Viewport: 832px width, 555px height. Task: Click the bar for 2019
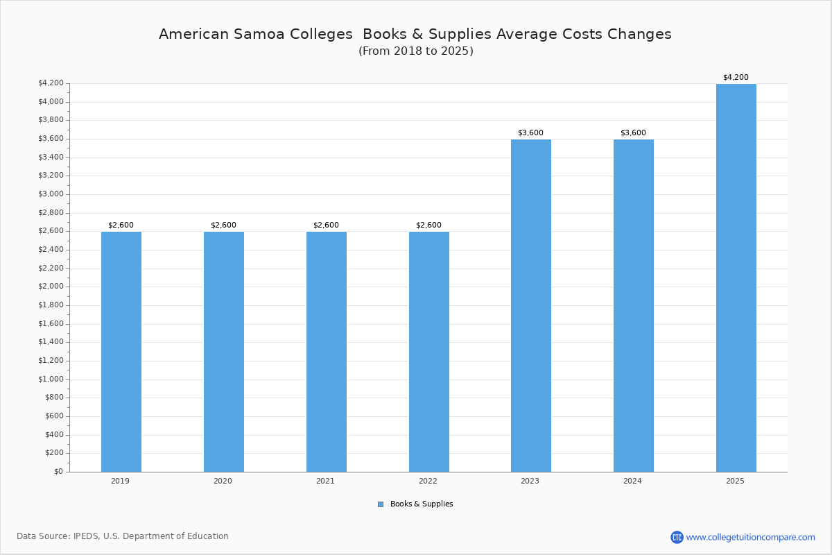[121, 352]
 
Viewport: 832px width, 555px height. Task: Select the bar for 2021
[327, 352]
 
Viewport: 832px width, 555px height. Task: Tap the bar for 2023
[531, 305]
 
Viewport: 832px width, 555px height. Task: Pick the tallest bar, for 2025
[736, 277]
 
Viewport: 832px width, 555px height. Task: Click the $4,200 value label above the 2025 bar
[736, 77]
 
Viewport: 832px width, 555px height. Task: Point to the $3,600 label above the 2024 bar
[633, 133]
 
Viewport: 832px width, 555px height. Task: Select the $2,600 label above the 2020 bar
[223, 225]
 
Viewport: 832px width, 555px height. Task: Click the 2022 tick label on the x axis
[428, 481]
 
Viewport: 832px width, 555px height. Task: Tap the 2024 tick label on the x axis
[632, 481]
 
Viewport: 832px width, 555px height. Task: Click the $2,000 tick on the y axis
[51, 287]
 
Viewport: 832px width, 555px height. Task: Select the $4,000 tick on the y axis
[51, 102]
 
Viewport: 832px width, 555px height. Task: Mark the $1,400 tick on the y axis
[51, 342]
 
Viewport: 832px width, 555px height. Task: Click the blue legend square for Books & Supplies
[381, 504]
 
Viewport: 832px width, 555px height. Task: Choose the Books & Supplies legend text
[422, 504]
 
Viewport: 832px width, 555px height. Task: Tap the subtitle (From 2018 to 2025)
[416, 51]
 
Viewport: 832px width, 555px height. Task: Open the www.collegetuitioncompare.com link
[750, 537]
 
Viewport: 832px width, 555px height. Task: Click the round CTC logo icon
[677, 537]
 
